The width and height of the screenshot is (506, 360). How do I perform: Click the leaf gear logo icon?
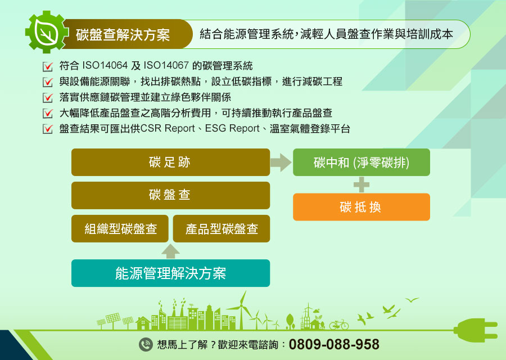47,32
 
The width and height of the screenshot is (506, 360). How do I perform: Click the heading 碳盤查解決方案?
123,34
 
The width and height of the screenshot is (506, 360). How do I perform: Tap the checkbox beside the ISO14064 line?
48,66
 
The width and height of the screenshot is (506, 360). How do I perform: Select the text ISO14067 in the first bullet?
166,66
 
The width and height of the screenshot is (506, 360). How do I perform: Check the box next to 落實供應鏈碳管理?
48,97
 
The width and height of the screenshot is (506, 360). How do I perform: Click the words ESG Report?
232,128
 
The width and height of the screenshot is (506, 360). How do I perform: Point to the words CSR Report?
168,128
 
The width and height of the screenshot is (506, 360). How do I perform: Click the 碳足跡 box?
170,162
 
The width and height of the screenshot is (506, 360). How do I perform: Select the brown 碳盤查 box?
170,195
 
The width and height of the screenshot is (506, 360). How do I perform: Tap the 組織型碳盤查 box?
120,228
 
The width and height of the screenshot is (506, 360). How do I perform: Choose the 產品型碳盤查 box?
222,228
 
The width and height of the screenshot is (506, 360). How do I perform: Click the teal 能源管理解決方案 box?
170,273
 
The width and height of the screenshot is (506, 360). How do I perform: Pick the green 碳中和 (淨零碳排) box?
362,162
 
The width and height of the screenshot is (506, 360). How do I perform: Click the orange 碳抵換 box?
362,207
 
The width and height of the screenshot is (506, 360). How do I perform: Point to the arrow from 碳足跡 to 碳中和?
281,163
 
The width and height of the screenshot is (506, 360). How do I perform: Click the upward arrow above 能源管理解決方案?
170,251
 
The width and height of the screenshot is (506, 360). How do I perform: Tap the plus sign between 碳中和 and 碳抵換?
362,184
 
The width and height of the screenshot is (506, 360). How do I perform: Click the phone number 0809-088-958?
334,344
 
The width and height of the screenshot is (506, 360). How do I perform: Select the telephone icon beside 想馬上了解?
146,344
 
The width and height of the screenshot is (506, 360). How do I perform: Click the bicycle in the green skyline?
339,324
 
